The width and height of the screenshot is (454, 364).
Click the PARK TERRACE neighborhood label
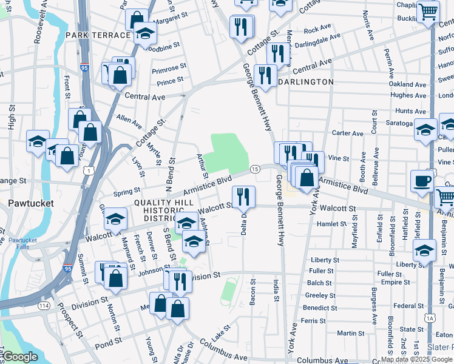pos(99,35)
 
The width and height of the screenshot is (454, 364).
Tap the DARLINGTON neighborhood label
pos(306,82)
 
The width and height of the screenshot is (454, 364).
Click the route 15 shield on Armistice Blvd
pos(256,168)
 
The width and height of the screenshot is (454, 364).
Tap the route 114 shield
pos(44,306)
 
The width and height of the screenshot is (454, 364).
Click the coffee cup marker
pos(422,181)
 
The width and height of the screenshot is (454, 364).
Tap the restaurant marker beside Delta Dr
pos(243,197)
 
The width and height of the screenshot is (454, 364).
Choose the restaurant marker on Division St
pos(180,280)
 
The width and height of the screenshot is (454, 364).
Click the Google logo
pos(21,357)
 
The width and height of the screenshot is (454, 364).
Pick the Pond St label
pos(104,345)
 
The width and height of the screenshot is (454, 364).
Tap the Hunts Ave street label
pos(410,112)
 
